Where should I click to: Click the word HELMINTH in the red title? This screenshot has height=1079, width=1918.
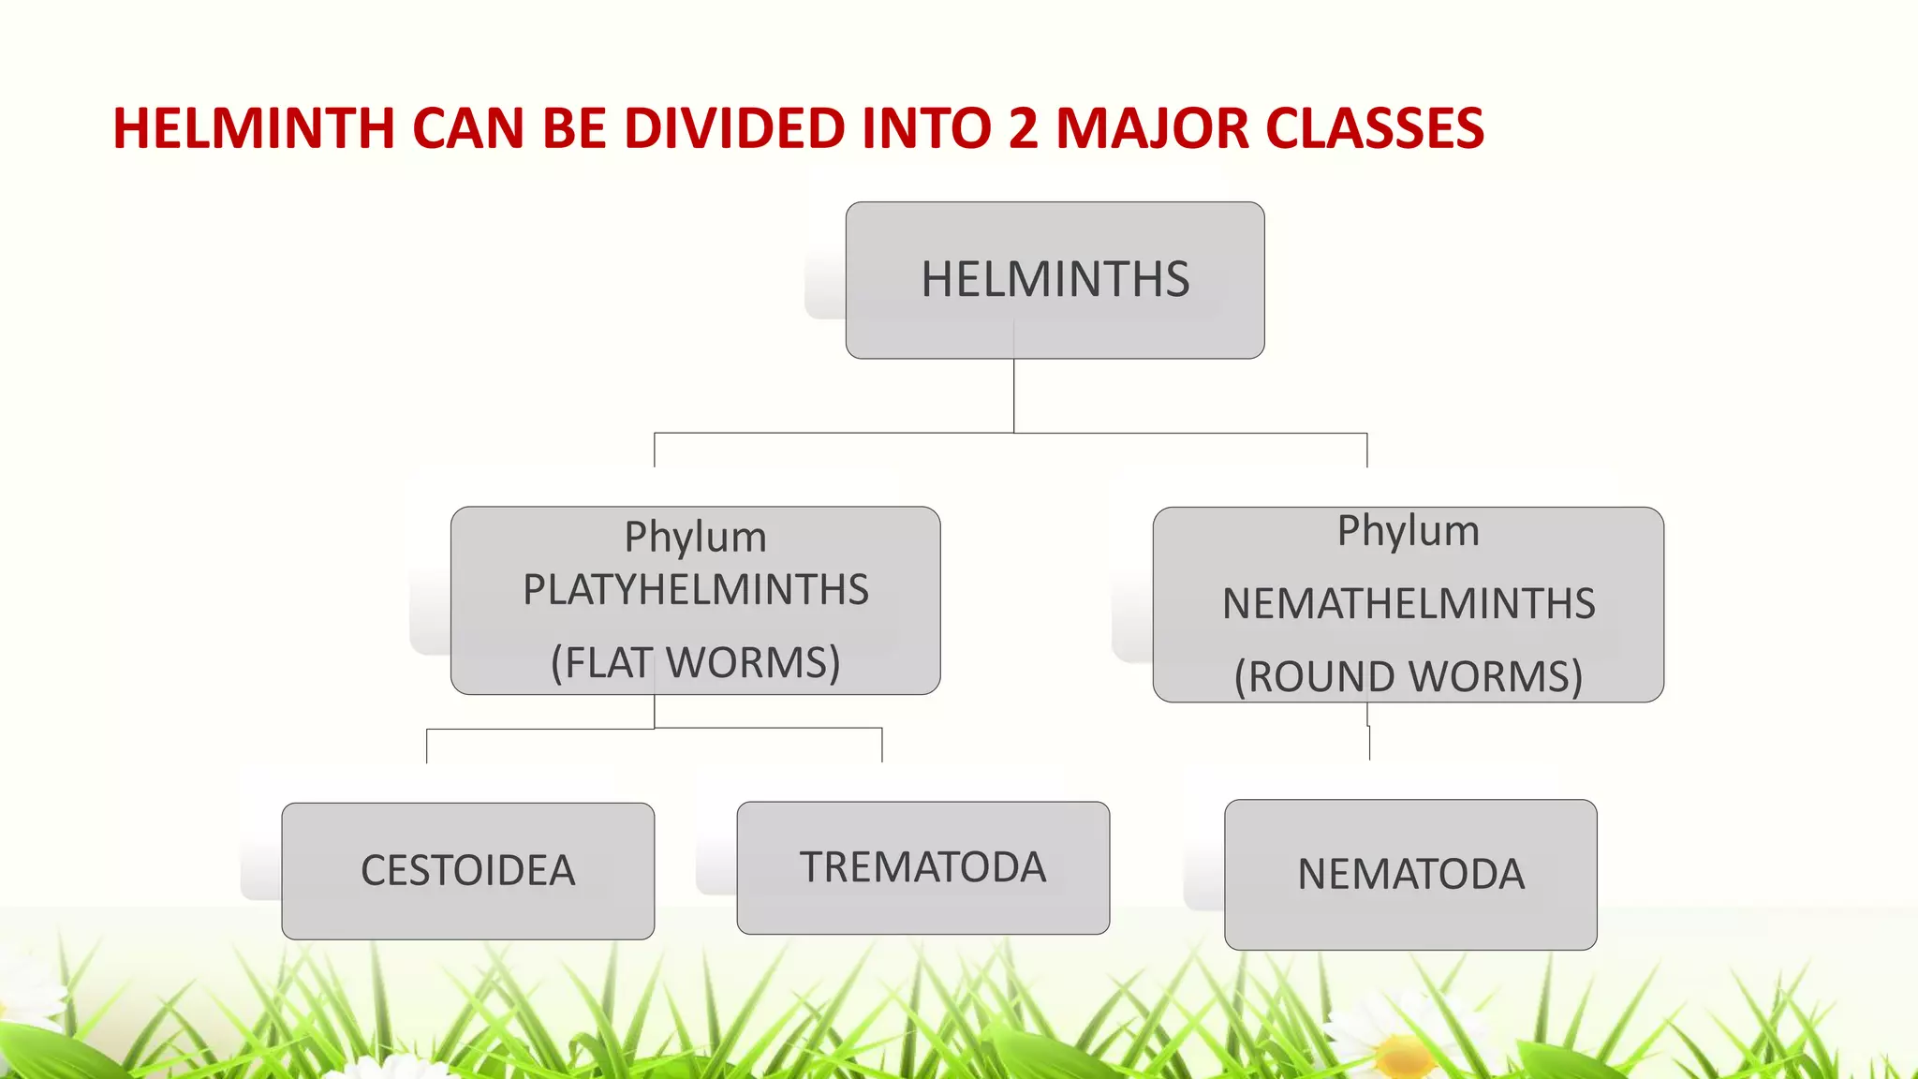(x=253, y=128)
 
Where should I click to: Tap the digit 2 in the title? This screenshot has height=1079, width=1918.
(x=1024, y=128)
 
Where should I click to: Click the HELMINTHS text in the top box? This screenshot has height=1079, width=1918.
(x=1055, y=279)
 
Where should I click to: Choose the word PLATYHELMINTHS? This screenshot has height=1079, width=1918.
(x=695, y=590)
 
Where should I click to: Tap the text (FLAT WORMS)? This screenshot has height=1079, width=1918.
(x=695, y=662)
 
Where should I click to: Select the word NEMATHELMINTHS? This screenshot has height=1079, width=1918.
(x=1408, y=603)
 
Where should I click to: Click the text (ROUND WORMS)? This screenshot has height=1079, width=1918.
(x=1408, y=676)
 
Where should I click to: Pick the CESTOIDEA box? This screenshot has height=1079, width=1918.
(x=467, y=870)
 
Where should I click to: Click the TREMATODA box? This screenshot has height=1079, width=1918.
(x=922, y=867)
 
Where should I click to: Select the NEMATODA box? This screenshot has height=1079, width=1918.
(x=1410, y=874)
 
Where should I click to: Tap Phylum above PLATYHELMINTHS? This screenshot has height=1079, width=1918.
(x=695, y=538)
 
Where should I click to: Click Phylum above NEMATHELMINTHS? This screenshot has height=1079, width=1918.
(x=1408, y=531)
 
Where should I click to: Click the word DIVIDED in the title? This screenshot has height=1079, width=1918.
(x=733, y=128)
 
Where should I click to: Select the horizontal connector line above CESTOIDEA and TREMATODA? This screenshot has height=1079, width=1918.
(x=562, y=728)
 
